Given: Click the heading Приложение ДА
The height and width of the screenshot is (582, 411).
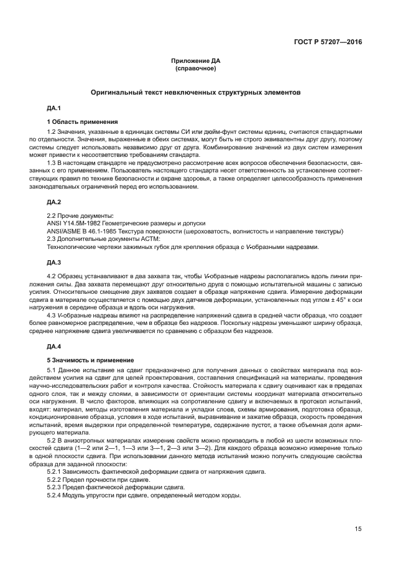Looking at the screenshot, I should point(195,60).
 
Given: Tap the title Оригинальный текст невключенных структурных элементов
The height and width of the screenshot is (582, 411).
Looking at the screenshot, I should point(195,92).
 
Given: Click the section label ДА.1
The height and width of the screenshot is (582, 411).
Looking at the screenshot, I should point(54,108).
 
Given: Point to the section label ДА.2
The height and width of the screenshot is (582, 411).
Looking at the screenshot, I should point(54,202).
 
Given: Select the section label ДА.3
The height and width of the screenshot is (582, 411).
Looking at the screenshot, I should point(54,261).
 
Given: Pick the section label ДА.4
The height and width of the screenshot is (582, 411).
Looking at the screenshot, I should point(54,345).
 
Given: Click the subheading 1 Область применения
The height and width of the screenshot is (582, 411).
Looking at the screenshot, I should point(82,121).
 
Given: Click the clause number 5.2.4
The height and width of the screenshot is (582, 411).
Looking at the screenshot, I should point(55,495).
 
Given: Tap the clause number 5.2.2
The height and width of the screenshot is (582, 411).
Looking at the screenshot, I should point(55,480).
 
